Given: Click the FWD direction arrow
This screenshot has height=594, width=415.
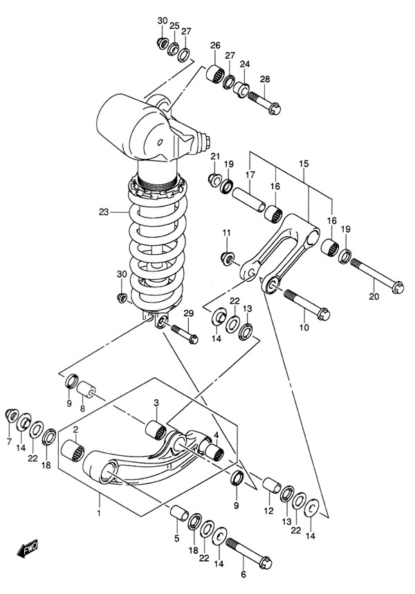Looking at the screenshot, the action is (28, 548).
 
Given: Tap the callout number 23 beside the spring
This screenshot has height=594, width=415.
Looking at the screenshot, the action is (104, 212).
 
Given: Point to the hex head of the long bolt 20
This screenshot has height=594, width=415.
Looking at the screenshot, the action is (398, 287).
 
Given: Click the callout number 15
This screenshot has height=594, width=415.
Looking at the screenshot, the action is (304, 164).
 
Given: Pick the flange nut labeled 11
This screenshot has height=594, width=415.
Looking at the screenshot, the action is (227, 259).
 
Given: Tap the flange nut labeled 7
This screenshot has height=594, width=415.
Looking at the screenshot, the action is (11, 415).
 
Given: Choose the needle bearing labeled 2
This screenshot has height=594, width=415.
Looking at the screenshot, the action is (73, 451).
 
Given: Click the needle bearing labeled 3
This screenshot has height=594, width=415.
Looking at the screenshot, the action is (156, 430).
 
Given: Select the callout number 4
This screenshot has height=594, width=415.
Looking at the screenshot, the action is (216, 435).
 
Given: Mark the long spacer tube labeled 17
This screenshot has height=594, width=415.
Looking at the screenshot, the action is (249, 199).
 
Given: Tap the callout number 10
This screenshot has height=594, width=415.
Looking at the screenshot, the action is (304, 327).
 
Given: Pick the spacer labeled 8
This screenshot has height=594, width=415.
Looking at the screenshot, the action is (86, 390).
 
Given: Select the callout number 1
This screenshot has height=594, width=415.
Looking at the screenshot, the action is (99, 513).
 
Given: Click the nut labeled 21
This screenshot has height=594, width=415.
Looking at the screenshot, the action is (214, 178).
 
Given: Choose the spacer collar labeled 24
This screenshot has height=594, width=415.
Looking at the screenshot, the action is (241, 89).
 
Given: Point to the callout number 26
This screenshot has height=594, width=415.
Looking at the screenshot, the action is (215, 46).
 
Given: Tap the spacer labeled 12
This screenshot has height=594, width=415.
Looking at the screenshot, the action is (272, 486).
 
